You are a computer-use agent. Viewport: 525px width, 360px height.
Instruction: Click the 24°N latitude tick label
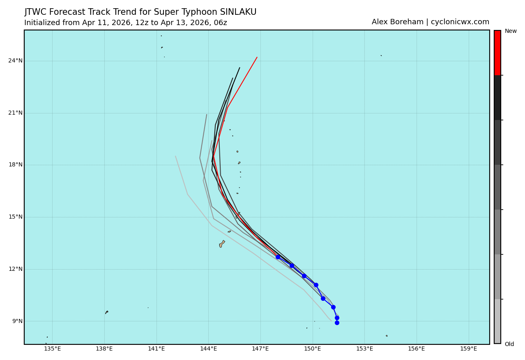(x=15, y=61)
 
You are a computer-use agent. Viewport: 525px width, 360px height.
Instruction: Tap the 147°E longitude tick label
(x=260, y=349)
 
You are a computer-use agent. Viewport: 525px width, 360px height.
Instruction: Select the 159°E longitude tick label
(x=468, y=349)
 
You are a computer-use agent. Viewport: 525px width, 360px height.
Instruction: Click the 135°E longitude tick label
(x=52, y=349)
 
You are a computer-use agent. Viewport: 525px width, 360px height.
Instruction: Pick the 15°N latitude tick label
(x=15, y=217)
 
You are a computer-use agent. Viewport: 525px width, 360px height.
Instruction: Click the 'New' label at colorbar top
(x=511, y=31)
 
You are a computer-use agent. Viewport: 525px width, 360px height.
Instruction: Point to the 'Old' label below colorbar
(x=509, y=344)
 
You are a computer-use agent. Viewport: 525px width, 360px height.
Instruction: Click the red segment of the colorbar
(x=497, y=53)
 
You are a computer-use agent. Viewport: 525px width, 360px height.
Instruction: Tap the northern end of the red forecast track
(x=257, y=57)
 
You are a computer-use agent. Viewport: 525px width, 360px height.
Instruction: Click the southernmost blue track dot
(x=337, y=323)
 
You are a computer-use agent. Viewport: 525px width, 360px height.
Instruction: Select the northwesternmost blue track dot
(x=278, y=257)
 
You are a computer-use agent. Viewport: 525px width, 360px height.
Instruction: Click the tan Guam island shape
(x=222, y=244)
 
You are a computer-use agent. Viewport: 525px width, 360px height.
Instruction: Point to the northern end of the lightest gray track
(x=175, y=156)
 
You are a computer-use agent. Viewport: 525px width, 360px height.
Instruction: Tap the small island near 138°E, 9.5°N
(x=107, y=312)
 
